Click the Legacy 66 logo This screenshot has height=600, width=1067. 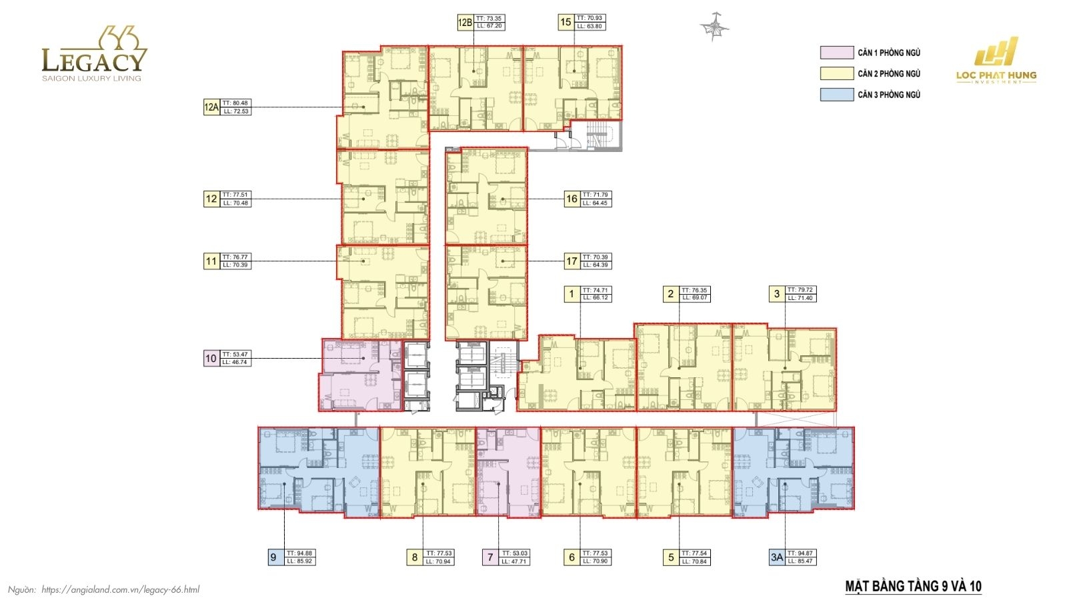pos(93,55)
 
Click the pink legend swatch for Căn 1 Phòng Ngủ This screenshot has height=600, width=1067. pos(836,53)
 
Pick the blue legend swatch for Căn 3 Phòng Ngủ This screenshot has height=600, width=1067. pos(836,95)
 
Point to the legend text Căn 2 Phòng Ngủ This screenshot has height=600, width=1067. pos(889,74)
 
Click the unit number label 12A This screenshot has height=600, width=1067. pos(211,107)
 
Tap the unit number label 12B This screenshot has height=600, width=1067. pos(465,23)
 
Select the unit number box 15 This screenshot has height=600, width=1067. pos(566,23)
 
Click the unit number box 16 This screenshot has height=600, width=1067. pos(572,199)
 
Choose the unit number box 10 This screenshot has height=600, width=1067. pos(211,359)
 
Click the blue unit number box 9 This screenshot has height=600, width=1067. pos(273,557)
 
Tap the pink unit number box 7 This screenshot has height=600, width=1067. pos(490,557)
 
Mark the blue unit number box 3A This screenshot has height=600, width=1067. pos(777,557)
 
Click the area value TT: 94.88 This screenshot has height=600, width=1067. pos(299,553)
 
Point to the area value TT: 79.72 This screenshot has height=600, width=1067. pos(800,290)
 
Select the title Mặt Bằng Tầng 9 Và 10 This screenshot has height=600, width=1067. pos(913,587)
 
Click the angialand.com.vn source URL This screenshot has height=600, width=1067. pos(120,589)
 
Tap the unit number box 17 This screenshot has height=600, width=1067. pos(572,261)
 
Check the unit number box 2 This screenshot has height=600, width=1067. pos(671,294)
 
